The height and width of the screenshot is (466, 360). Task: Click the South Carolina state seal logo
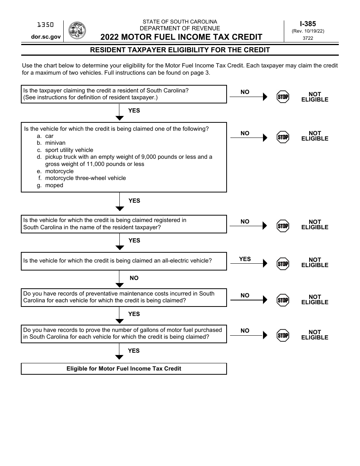pyautogui.click(x=77, y=31)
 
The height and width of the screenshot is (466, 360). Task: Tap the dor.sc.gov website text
pyautogui.click(x=46, y=37)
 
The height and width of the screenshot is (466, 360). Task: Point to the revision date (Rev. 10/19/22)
pyautogui.click(x=308, y=31)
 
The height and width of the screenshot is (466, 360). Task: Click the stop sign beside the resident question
pyautogui.click(x=283, y=97)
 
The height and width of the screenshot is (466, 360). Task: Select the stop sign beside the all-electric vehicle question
pyautogui.click(x=283, y=264)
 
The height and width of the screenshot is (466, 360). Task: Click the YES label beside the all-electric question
pyautogui.click(x=245, y=259)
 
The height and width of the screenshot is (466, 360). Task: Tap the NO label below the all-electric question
pyautogui.click(x=134, y=278)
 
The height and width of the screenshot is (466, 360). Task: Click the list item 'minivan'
pyautogui.click(x=55, y=143)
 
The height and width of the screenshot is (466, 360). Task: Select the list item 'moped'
pyautogui.click(x=54, y=185)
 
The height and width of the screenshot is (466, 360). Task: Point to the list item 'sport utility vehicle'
pyautogui.click(x=69, y=150)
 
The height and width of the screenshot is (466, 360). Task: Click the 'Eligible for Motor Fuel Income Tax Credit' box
pyautogui.click(x=124, y=369)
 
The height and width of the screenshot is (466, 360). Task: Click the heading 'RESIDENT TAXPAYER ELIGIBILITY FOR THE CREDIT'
pyautogui.click(x=180, y=50)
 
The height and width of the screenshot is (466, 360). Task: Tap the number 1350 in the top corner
pyautogui.click(x=45, y=25)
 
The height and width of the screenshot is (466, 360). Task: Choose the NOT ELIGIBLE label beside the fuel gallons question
pyautogui.click(x=315, y=335)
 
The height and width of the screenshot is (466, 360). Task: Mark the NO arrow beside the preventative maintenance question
pyautogui.click(x=249, y=300)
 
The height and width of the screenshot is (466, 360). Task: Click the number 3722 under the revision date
pyautogui.click(x=308, y=38)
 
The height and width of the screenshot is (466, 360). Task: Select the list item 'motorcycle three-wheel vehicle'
pyautogui.click(x=85, y=178)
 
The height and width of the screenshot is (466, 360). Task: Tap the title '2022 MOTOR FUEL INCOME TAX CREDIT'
pyautogui.click(x=181, y=37)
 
